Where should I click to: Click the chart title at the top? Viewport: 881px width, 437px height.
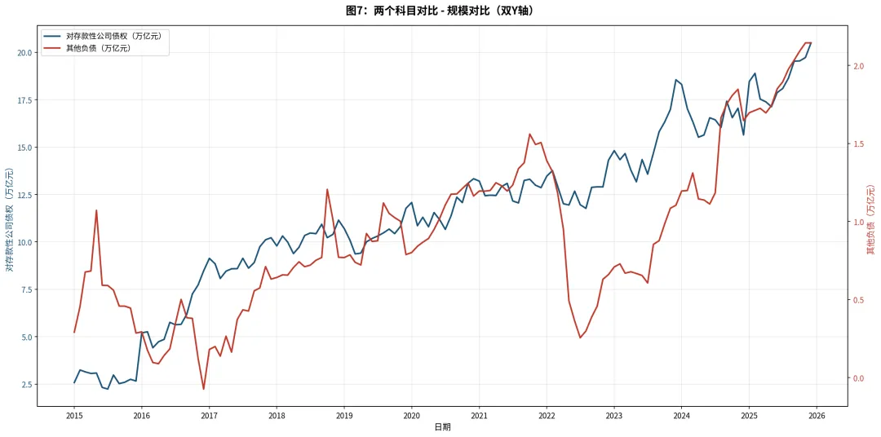click(x=440, y=11)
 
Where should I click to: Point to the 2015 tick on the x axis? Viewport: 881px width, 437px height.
click(x=73, y=416)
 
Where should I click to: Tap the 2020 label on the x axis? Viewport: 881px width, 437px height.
click(x=411, y=416)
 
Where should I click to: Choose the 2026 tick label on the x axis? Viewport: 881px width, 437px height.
click(x=817, y=416)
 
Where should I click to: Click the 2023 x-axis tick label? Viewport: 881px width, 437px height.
click(x=614, y=416)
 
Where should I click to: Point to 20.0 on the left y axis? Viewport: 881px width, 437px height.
click(x=24, y=52)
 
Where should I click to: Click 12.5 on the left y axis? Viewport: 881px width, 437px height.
click(x=24, y=194)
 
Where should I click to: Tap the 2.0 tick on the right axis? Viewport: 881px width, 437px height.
click(x=857, y=66)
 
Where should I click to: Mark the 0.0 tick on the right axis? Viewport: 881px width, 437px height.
click(x=857, y=377)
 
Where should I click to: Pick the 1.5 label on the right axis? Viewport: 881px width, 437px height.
click(x=857, y=143)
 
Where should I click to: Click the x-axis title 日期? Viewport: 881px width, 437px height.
click(x=442, y=427)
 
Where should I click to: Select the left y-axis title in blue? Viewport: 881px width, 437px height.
click(x=10, y=219)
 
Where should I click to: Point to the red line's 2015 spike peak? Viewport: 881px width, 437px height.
click(x=96, y=210)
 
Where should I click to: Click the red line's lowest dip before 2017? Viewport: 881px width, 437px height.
click(x=203, y=389)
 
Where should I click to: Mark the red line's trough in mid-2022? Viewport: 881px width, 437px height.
click(x=581, y=338)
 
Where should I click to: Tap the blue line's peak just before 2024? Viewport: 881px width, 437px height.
click(x=676, y=80)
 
